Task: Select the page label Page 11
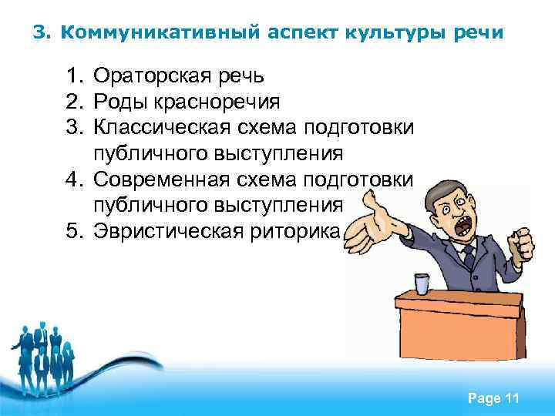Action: tap(493, 398)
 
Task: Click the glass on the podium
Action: tap(421, 283)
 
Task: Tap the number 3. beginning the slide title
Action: tap(42, 33)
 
